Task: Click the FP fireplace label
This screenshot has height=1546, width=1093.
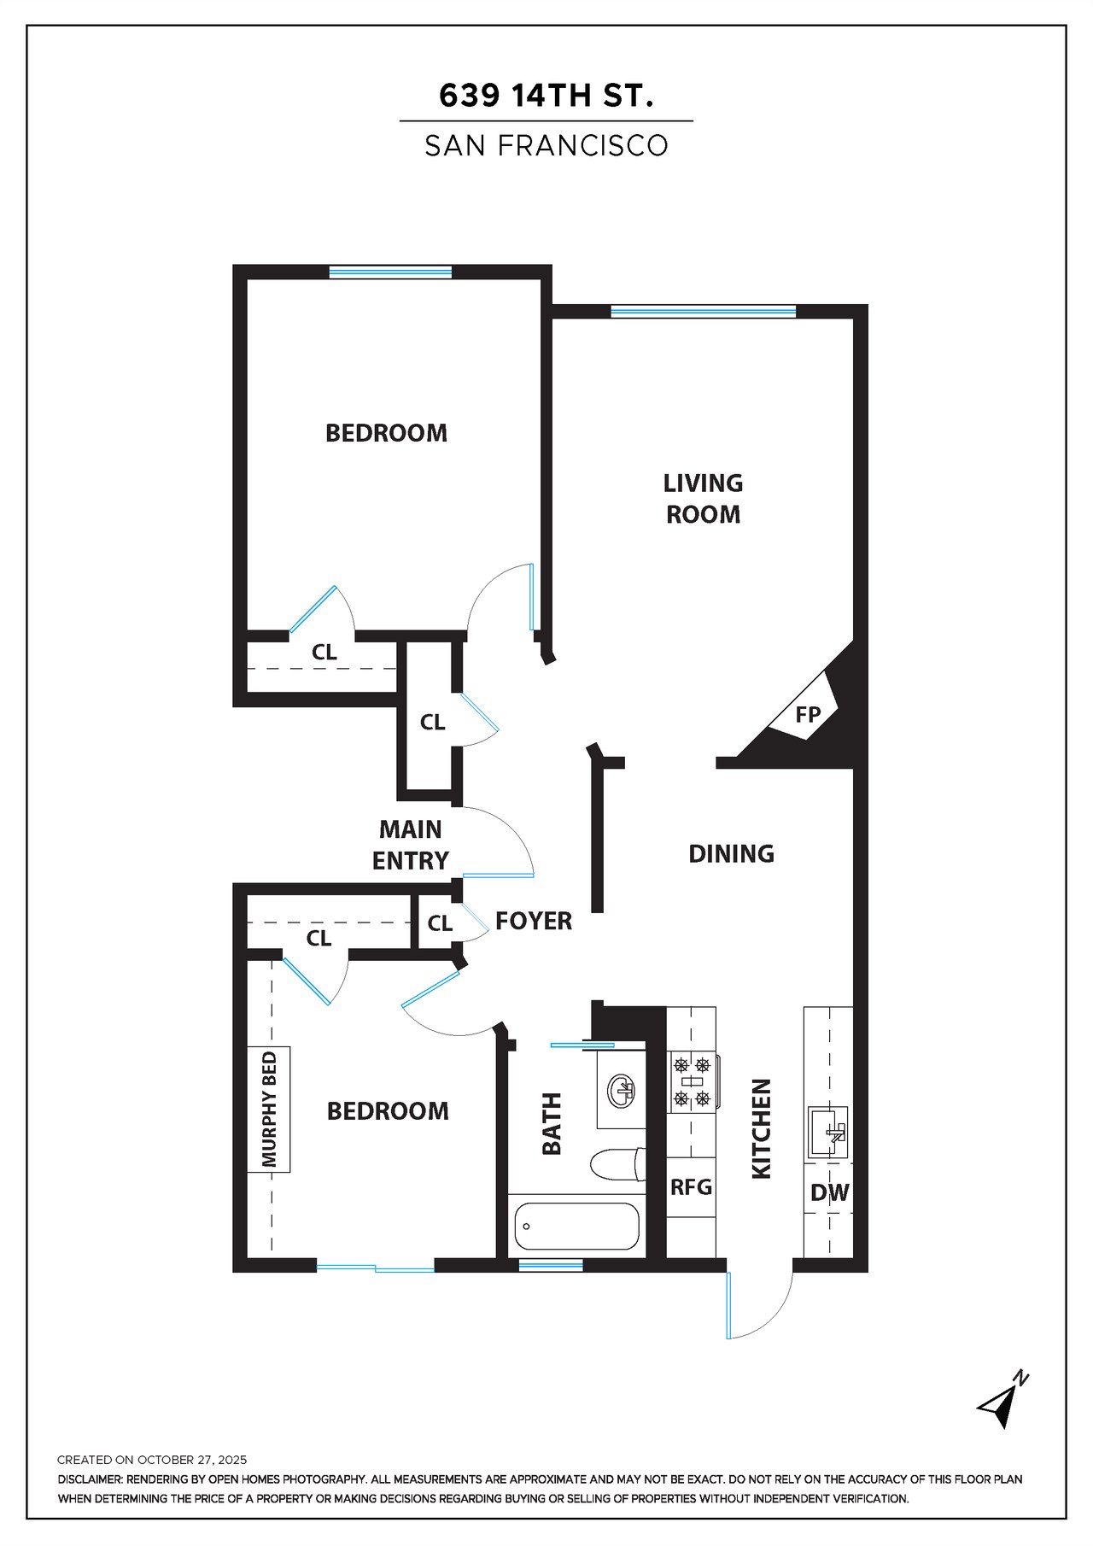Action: pos(808,714)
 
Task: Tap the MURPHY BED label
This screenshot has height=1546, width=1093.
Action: pos(269,1110)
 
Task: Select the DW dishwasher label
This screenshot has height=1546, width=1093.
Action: pos(829,1192)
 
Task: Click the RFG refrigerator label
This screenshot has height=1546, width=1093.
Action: pos(691,1186)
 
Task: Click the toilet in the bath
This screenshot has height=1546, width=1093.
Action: pos(617,1164)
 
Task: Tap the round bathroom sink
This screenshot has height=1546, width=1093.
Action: pos(621,1090)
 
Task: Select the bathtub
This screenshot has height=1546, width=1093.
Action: pos(577,1227)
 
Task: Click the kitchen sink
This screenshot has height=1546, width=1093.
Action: pos(827,1132)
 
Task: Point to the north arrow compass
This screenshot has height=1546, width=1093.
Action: pos(1003,1401)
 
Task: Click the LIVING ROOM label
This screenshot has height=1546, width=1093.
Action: pos(703,499)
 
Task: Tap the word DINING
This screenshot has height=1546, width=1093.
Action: pos(732,853)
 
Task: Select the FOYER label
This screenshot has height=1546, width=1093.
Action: pos(534,921)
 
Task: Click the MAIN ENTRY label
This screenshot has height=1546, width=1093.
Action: pos(411,845)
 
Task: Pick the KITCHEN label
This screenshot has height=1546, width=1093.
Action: pos(761,1128)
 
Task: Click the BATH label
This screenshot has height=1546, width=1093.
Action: pos(552,1123)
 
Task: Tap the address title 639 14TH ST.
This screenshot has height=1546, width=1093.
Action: pos(546,96)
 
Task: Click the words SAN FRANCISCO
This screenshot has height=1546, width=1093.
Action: pos(546,146)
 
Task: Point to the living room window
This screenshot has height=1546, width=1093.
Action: pos(704,312)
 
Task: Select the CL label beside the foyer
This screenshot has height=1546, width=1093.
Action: pos(440,923)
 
